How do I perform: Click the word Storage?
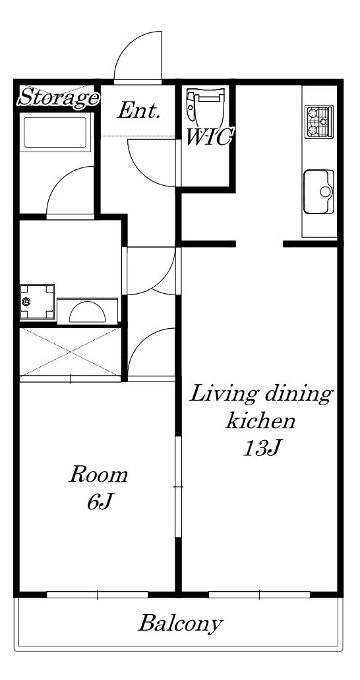click(x=57, y=97)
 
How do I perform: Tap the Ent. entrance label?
click(x=139, y=111)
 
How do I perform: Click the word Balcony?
click(x=180, y=624)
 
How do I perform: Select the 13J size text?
click(x=260, y=449)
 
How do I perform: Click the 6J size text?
click(x=100, y=501)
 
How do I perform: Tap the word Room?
click(x=99, y=475)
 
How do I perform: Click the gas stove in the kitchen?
click(x=319, y=122)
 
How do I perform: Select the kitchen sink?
click(x=319, y=192)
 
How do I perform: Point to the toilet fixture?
click(x=206, y=106)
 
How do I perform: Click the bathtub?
click(x=57, y=132)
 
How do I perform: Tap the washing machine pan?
click(x=37, y=302)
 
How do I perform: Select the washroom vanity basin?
click(x=87, y=311)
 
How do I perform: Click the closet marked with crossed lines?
click(x=71, y=352)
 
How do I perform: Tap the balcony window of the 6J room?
click(x=97, y=594)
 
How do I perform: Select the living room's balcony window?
click(x=259, y=594)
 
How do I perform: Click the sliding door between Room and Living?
click(x=178, y=486)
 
